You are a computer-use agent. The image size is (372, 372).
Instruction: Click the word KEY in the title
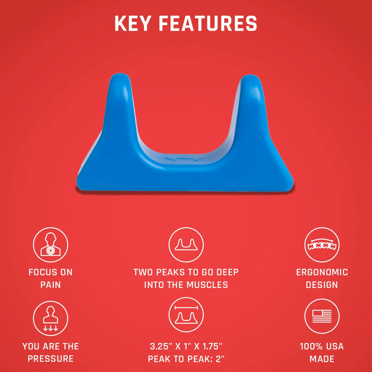click(x=133, y=23)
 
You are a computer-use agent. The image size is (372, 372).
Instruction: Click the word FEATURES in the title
click(x=208, y=23)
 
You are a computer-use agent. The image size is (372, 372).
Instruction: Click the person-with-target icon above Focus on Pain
click(x=51, y=245)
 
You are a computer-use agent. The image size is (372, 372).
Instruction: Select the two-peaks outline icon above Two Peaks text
click(x=186, y=245)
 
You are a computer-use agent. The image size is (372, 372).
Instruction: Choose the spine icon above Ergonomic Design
click(x=322, y=245)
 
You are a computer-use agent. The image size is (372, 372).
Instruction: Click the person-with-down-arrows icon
click(x=51, y=318)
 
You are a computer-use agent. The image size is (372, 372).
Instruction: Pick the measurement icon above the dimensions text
click(x=186, y=315)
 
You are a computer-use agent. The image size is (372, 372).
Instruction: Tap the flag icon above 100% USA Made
click(x=322, y=316)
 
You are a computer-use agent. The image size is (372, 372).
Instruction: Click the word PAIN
click(x=51, y=285)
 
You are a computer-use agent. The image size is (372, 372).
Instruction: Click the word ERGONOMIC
click(x=322, y=272)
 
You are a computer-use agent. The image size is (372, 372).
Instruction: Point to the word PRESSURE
click(x=51, y=359)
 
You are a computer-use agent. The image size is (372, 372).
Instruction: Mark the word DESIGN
click(x=322, y=285)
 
